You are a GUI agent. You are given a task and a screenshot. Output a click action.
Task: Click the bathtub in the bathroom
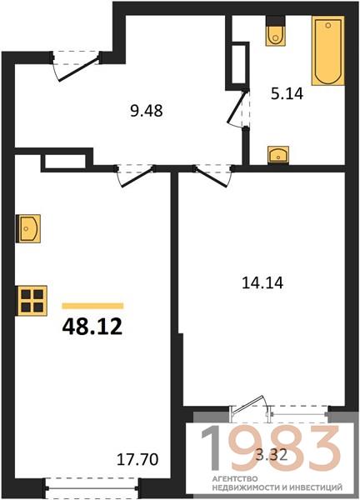point(327,50)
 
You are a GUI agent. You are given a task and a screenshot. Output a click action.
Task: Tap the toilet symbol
point(276,31)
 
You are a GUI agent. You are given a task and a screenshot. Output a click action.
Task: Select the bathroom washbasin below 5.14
point(278,155)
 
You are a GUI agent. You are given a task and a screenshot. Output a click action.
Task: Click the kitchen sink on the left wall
point(28,228)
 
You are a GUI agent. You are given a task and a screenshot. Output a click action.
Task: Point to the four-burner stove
point(32,301)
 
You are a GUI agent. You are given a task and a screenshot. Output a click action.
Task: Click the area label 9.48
point(147,111)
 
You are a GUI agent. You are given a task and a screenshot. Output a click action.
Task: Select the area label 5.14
point(287,94)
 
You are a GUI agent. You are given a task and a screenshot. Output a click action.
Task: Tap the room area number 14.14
point(262,282)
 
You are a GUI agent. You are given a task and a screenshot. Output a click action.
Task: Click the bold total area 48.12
point(92,327)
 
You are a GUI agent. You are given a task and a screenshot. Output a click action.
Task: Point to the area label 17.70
point(137,459)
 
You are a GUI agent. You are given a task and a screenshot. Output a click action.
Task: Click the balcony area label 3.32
point(272,455)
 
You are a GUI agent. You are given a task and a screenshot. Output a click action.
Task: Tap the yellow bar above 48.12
point(92,306)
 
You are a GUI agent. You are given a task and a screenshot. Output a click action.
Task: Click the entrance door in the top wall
point(77,66)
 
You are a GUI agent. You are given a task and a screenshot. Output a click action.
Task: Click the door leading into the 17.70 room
point(136,175)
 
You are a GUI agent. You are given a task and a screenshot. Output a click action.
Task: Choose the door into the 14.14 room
point(213,175)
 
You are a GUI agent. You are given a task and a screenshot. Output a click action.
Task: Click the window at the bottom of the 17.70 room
point(92,487)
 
